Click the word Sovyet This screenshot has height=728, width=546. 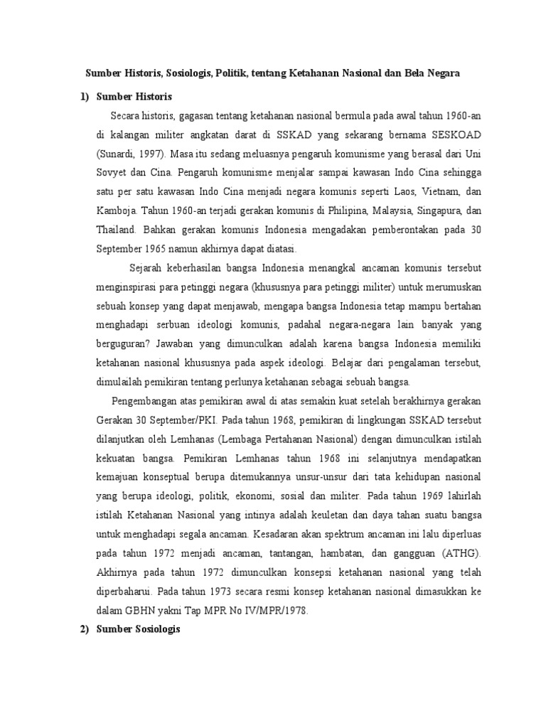pos(111,172)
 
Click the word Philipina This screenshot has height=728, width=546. pos(333,210)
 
